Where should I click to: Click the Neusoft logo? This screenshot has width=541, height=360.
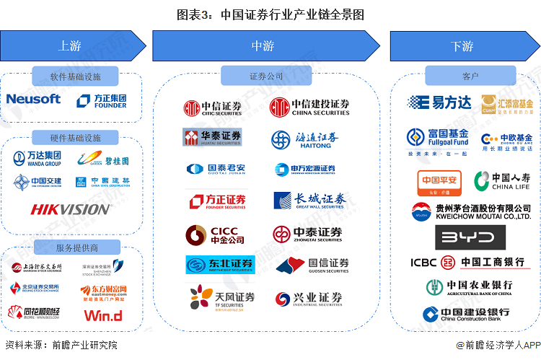pos(33,100)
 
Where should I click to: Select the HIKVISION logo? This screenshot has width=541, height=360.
pos(71,209)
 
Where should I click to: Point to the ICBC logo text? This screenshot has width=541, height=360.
pos(425,262)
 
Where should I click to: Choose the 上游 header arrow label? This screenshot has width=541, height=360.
pos(69,46)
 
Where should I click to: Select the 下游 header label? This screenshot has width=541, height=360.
pos(462,46)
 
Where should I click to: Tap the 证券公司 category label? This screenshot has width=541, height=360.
pos(266,76)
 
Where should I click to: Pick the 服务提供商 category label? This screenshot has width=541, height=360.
pos(76,248)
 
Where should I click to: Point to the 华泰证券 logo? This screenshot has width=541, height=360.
pos(212,137)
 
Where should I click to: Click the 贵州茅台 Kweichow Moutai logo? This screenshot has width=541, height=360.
pos(471,211)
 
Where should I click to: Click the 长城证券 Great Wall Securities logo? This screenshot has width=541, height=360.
pos(309,201)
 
